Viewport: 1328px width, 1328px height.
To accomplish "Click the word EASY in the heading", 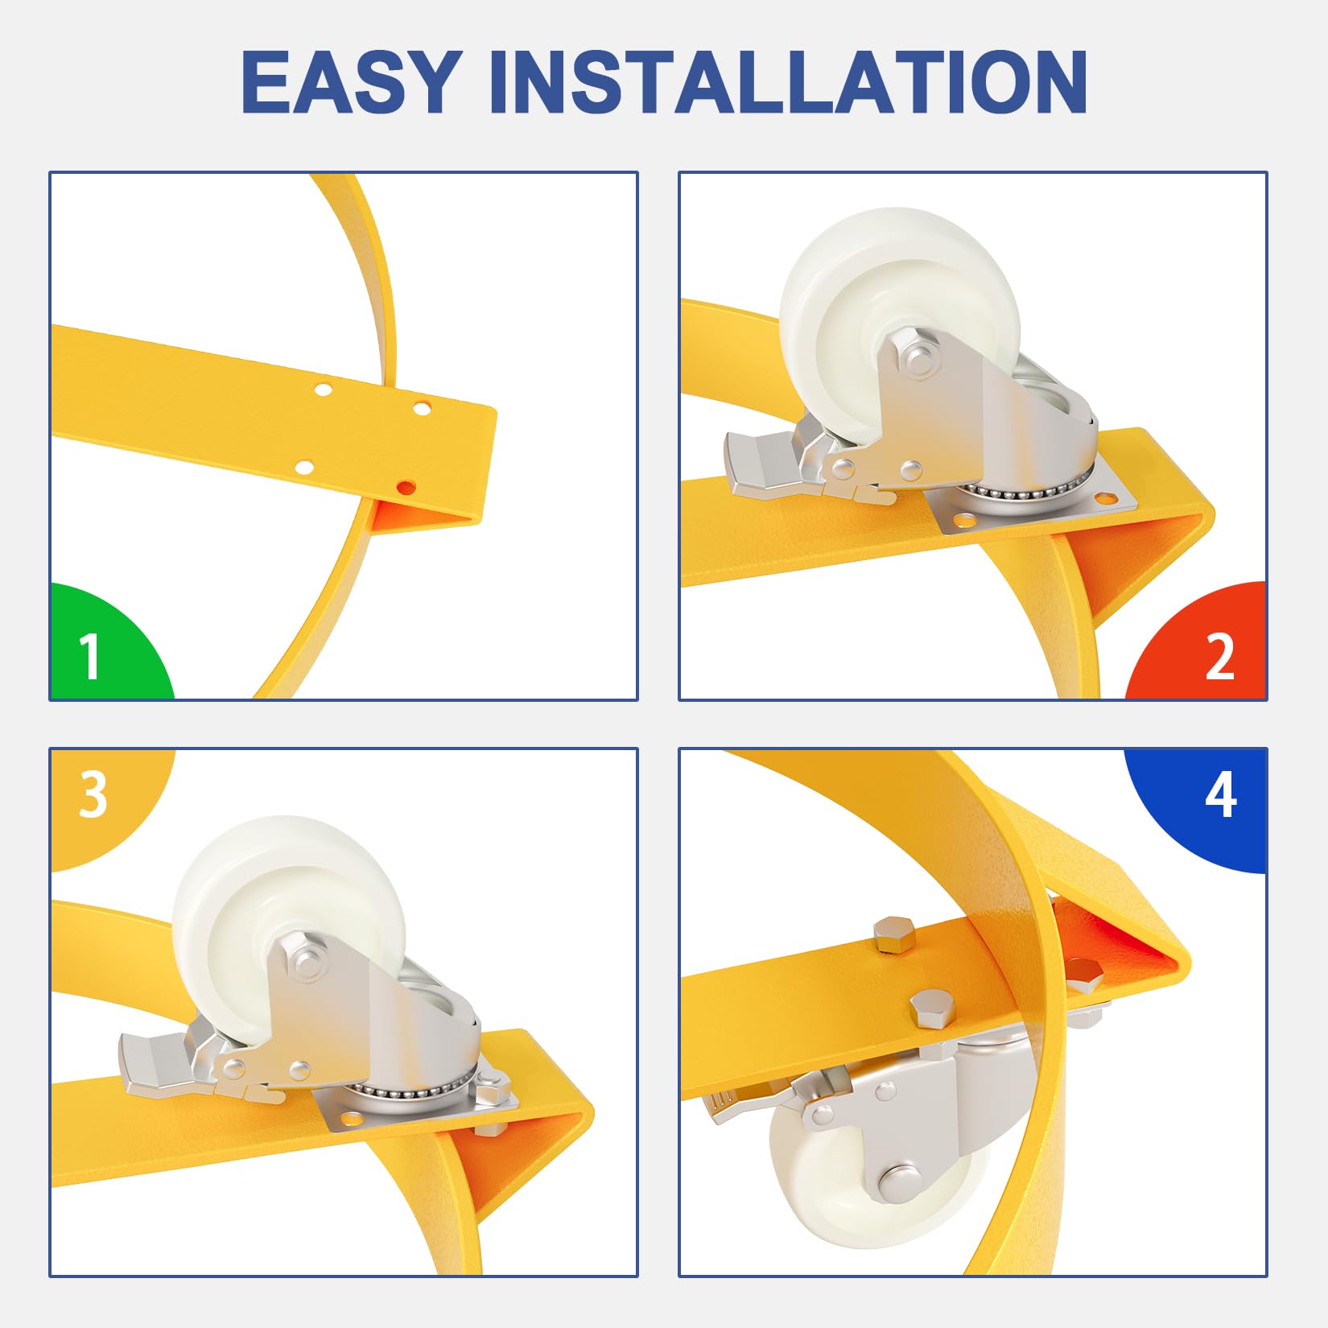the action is [352, 81].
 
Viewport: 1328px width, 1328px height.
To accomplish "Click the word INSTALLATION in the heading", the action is [788, 81].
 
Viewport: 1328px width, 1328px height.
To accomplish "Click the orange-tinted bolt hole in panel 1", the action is [406, 487].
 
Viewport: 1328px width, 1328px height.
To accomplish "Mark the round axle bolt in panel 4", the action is [901, 1181].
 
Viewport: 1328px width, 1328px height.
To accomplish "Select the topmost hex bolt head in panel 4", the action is [895, 934].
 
